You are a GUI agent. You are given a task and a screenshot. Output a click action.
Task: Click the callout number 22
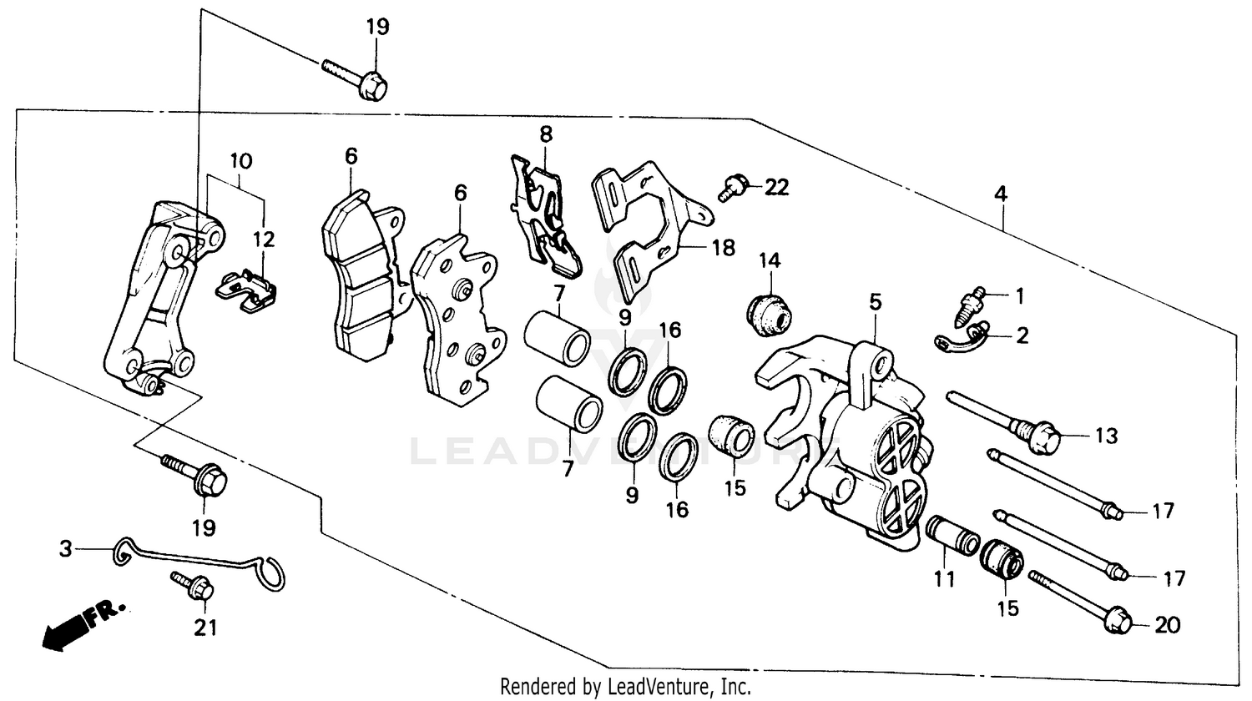(776, 187)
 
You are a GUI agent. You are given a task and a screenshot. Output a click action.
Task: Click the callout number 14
(769, 260)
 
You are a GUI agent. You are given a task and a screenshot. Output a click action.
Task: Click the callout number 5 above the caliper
(875, 302)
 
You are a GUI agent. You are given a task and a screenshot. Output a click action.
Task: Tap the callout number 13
(1106, 436)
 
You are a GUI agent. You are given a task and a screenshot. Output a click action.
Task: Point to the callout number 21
(205, 626)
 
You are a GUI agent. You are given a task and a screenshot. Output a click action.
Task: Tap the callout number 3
(65, 549)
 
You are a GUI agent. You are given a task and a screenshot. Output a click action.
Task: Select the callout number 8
(546, 134)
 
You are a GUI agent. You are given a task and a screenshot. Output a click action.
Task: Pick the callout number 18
(723, 247)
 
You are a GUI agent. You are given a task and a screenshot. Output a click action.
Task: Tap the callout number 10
(240, 159)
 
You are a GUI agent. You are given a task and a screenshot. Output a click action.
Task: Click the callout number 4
(1000, 194)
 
